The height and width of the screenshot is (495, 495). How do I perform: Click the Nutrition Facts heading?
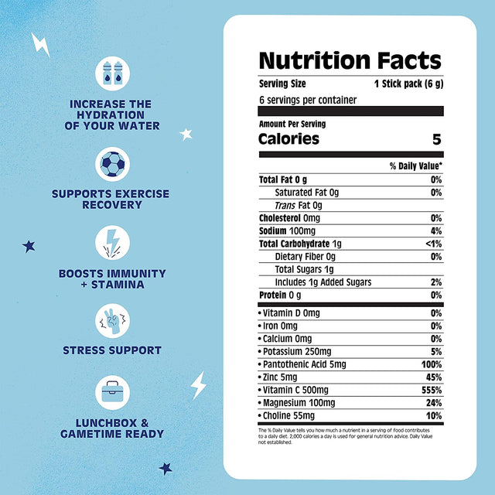[350, 61]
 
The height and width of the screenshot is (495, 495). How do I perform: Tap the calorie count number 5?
[436, 139]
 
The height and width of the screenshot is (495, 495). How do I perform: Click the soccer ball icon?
[113, 164]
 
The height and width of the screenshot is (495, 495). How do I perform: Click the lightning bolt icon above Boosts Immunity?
[113, 242]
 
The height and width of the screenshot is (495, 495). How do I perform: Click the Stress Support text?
[112, 350]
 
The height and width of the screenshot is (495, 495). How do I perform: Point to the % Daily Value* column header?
[415, 166]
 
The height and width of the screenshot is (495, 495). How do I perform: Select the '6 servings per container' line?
[304, 100]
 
